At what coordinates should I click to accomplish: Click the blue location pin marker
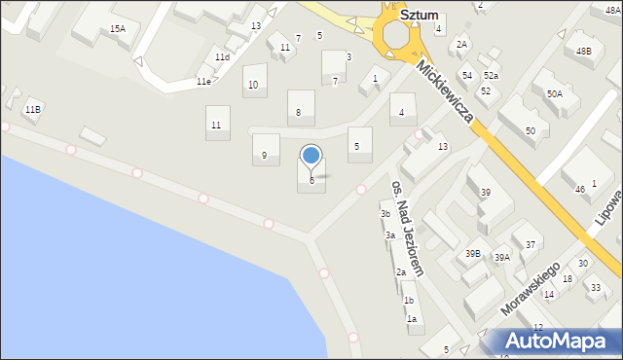[x=311, y=156]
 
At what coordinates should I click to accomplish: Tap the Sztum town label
[x=419, y=17]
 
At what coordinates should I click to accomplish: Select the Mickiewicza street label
[x=444, y=92]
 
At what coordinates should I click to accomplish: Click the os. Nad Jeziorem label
[x=407, y=228]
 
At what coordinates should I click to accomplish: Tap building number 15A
[x=118, y=29]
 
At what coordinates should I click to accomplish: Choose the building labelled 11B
[x=33, y=109]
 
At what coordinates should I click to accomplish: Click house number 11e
[x=203, y=82]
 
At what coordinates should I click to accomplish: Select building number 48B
[x=583, y=51]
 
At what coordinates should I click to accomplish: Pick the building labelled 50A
[x=554, y=94]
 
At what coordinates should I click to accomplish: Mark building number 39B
[x=473, y=253]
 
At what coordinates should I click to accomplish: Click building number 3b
[x=385, y=214]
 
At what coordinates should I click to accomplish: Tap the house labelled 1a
[x=412, y=319]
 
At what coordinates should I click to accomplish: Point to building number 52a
[x=492, y=76]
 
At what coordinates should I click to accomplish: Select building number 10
[x=253, y=85]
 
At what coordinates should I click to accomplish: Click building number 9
[x=264, y=156]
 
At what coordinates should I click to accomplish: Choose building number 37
[x=531, y=244]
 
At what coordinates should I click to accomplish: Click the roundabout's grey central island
[x=397, y=36]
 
